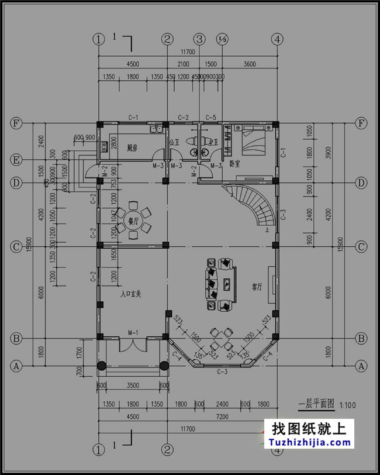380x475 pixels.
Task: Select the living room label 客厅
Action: point(257,287)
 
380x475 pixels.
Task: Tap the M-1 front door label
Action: point(133,333)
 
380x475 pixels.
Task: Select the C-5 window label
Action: point(212,118)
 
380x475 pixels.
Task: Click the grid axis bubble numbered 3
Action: point(200,39)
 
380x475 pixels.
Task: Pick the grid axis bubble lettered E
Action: point(16,159)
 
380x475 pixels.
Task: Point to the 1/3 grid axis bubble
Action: point(222,39)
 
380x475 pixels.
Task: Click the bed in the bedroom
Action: point(250,139)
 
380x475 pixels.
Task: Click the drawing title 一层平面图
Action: point(315,403)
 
